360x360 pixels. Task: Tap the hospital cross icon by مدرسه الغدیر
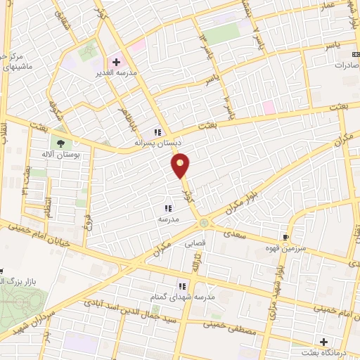[117, 62]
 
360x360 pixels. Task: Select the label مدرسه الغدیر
[117, 72]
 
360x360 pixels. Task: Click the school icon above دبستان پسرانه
[158, 131]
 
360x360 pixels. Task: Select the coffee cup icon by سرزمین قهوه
[285, 237]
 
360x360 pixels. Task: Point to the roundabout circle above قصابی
[204, 224]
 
